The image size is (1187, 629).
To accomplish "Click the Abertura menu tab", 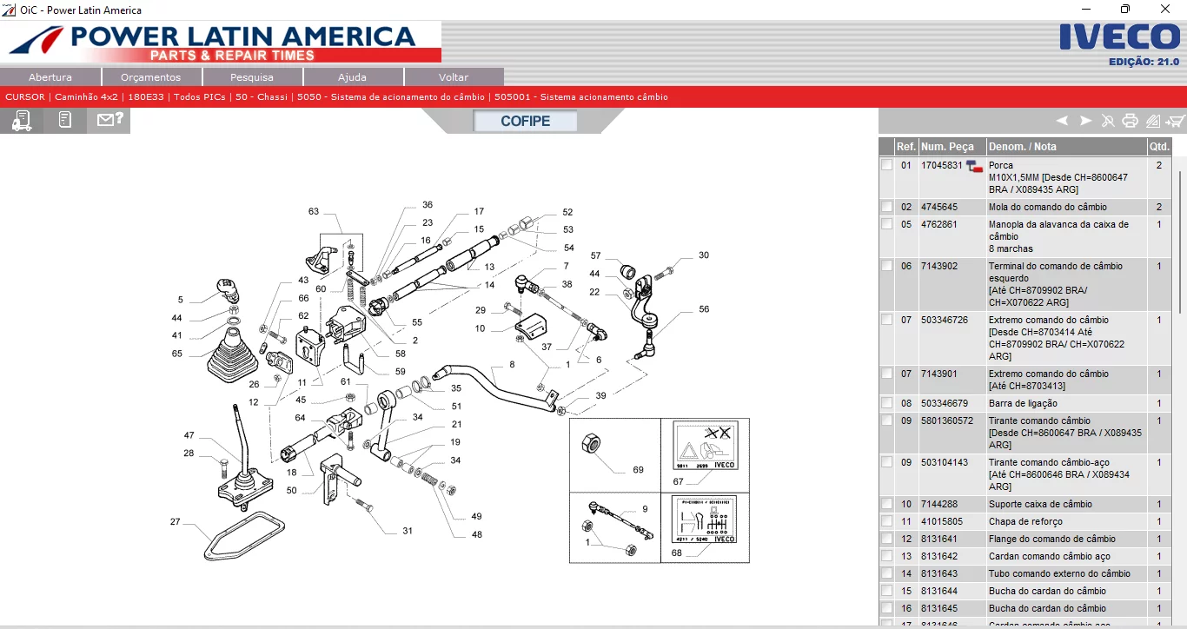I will click(x=50, y=77).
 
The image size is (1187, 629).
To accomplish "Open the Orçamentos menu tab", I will click(x=151, y=77).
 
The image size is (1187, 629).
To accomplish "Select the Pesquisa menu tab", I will click(x=252, y=77).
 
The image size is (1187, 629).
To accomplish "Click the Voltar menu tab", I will click(x=454, y=77).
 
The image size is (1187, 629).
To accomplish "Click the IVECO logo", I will click(x=1119, y=38).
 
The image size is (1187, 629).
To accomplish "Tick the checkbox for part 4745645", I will click(x=886, y=207).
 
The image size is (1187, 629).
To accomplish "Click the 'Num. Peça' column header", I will click(x=947, y=147).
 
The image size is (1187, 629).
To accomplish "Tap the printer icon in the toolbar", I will click(x=1130, y=121).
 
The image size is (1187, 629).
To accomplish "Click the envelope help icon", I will click(x=109, y=120).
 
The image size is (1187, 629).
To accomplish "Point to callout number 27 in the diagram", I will click(x=176, y=522).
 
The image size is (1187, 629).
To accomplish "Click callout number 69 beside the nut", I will click(x=639, y=470).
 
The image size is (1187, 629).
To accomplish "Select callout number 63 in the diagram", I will click(x=314, y=211).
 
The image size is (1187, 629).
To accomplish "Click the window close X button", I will click(x=1164, y=10).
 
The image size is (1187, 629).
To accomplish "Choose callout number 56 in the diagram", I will click(x=704, y=309).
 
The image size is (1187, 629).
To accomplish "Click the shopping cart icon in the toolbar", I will click(x=1175, y=121).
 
